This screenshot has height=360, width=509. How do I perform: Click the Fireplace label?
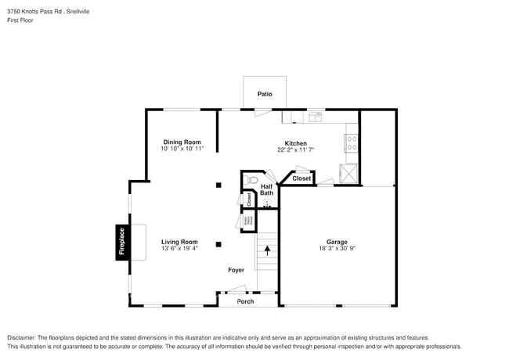121,242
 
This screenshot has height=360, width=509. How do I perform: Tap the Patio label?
265,94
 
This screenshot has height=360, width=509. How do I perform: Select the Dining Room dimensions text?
182,149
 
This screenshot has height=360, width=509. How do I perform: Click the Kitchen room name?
295,143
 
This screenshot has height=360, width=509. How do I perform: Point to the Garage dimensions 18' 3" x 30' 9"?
337,248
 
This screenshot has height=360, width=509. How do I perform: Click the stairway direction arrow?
267,251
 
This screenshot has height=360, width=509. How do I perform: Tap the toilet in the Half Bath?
251,181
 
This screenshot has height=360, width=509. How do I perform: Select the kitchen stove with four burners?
352,143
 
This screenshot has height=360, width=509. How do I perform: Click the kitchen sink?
315,117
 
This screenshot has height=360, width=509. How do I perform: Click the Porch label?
246,301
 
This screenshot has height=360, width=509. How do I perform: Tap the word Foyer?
236,270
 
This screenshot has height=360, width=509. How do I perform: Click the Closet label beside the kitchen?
301,178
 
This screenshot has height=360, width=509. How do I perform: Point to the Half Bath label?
266,189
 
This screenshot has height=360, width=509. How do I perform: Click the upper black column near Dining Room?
219,185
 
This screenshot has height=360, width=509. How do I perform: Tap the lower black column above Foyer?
219,243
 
